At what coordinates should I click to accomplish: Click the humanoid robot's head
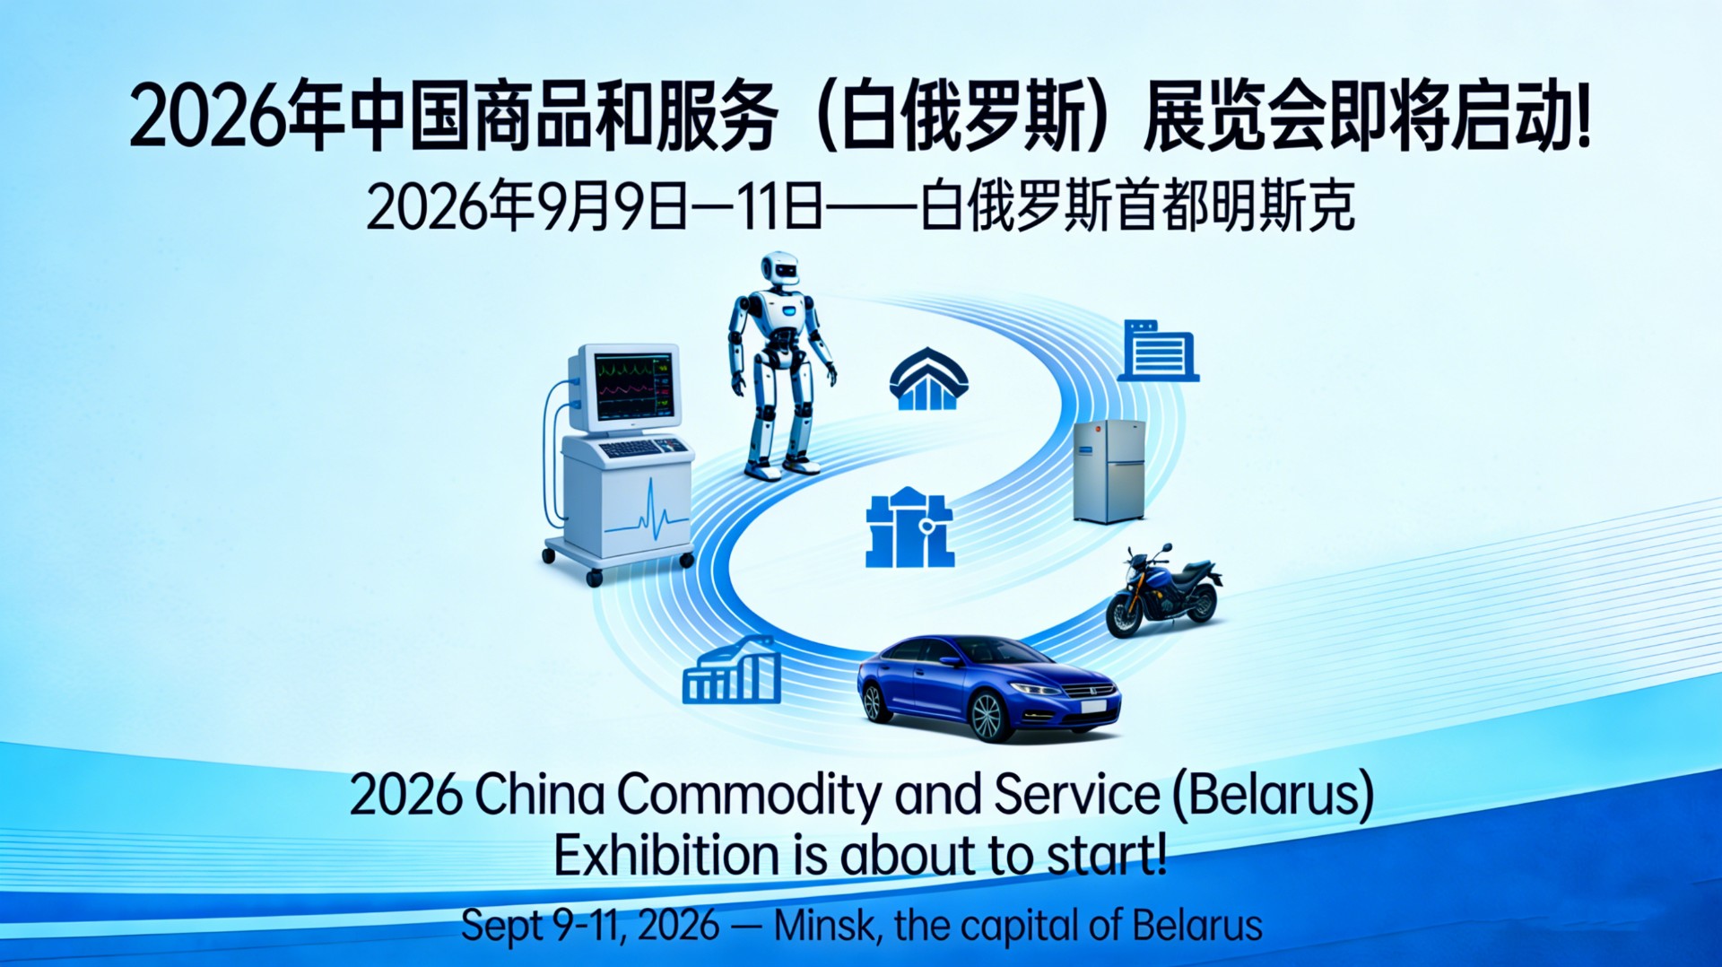[779, 269]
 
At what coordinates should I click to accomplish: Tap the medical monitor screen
[634, 388]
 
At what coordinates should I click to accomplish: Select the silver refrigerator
[1110, 471]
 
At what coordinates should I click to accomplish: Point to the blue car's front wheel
[986, 716]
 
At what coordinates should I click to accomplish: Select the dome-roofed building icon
[928, 379]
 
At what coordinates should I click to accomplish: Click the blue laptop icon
[1158, 351]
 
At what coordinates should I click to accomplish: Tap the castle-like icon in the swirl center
[909, 528]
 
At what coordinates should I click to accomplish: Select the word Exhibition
[666, 855]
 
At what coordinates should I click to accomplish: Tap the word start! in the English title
[1108, 855]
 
